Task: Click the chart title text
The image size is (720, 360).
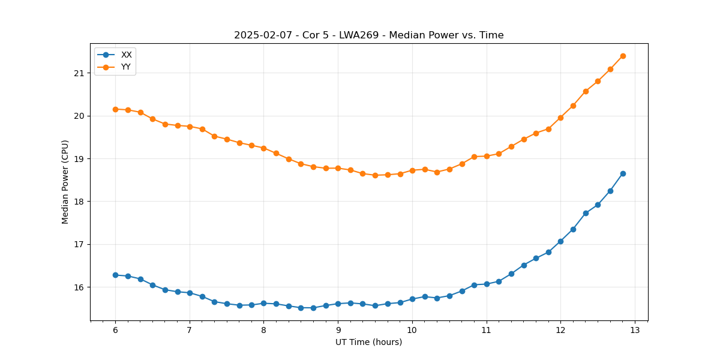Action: pos(368,35)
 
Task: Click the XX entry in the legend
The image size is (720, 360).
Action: pos(126,55)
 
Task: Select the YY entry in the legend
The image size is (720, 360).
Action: pos(126,67)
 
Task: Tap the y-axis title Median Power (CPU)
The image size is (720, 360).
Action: pos(65,182)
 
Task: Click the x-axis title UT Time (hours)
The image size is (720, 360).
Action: pos(368,342)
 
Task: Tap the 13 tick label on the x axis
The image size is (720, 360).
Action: pos(635,330)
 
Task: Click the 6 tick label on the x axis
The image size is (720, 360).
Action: pos(115,330)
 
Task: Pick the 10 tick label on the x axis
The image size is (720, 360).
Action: pos(412,330)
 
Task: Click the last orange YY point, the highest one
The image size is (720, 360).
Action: pos(623,56)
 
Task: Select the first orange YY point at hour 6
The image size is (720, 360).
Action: pos(115,109)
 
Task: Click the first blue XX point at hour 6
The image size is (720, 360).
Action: pos(115,275)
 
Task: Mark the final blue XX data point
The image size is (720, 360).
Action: pos(623,173)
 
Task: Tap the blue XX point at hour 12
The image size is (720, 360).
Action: pos(560,241)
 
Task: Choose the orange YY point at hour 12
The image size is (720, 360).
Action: pos(560,118)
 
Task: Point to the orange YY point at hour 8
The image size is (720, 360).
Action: pos(263,148)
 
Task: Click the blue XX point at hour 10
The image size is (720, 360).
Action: pos(412,299)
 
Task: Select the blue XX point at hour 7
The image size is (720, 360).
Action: pos(190,293)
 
